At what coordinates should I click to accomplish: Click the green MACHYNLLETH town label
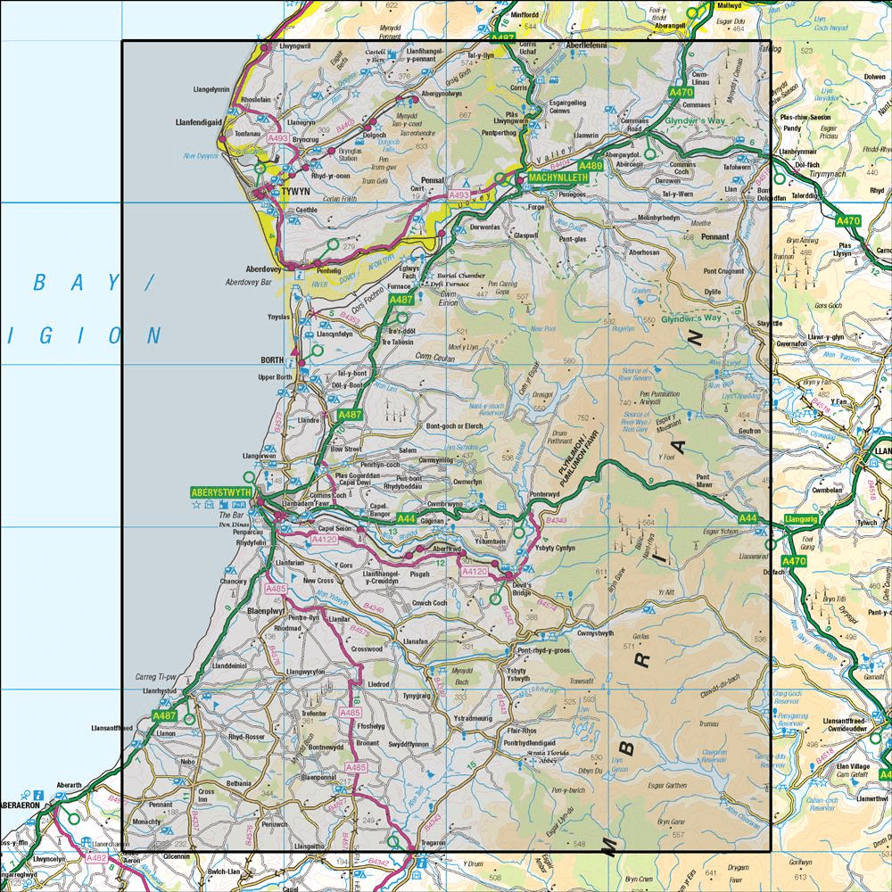[557, 178]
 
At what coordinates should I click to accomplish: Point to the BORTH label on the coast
[272, 359]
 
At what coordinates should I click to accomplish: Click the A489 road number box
[591, 166]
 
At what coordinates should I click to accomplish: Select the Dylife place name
[711, 291]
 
